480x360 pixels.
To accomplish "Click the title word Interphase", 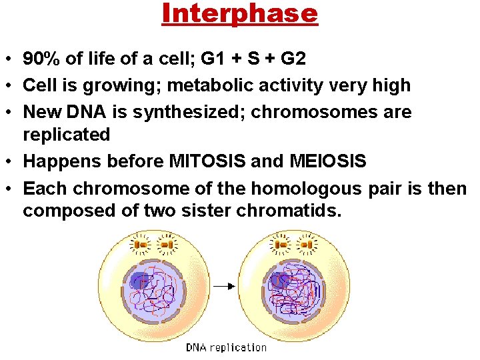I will [x=239, y=13].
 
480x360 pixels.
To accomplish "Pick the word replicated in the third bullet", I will [x=66, y=134].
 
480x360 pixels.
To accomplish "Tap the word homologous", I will [x=294, y=189].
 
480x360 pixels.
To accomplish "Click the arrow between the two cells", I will [x=226, y=286].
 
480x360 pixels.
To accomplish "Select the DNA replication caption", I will [x=226, y=347].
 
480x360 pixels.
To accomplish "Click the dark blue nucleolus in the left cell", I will [x=140, y=281].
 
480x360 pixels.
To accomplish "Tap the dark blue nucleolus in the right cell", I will [x=277, y=280].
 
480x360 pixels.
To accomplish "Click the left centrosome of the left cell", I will [x=141, y=246].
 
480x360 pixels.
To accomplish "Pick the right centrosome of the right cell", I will [x=307, y=246].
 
